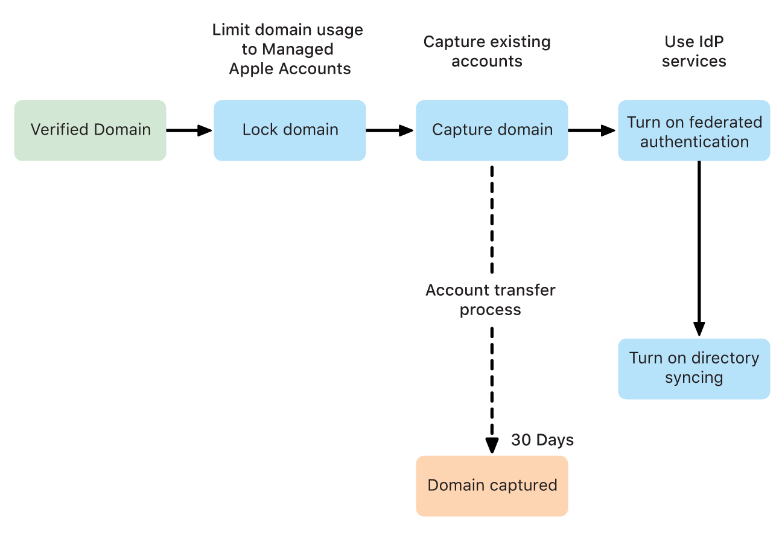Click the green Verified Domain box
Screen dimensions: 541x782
pyautogui.click(x=90, y=130)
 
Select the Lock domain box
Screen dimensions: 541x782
pyautogui.click(x=290, y=130)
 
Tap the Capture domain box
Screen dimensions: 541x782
pyautogui.click(x=492, y=130)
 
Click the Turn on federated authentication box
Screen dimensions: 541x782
pyautogui.click(x=694, y=130)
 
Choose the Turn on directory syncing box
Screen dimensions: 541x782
pyautogui.click(x=694, y=368)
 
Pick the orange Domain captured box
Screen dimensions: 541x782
pyautogui.click(x=492, y=486)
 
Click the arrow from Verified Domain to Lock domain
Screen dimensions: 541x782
pyautogui.click(x=189, y=130)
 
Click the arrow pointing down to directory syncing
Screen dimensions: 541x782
pyautogui.click(x=699, y=248)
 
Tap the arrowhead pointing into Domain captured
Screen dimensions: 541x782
pyautogui.click(x=492, y=445)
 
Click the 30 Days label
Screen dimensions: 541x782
pyautogui.click(x=542, y=440)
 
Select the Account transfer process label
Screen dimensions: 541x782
pyautogui.click(x=490, y=300)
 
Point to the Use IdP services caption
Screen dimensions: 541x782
pyautogui.click(x=694, y=51)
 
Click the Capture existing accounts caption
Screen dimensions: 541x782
pyautogui.click(x=487, y=51)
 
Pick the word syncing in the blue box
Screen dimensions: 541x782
pyautogui.click(x=694, y=378)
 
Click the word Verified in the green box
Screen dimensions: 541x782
pyautogui.click(x=57, y=130)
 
